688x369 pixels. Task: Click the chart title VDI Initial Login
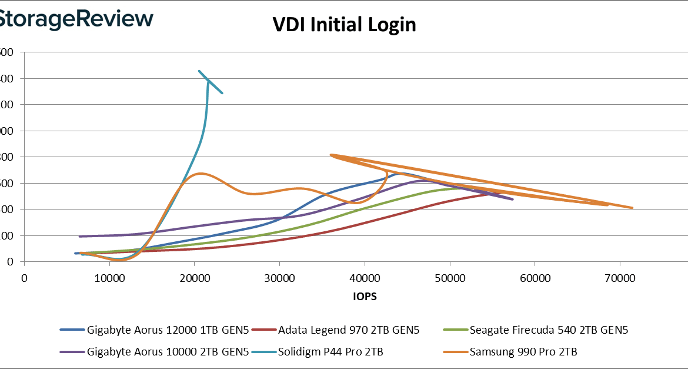tap(344, 25)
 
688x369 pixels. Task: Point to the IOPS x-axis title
tap(365, 297)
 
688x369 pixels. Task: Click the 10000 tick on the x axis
tap(109, 277)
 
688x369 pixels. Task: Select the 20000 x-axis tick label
tap(195, 277)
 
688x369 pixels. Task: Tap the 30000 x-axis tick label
tap(279, 277)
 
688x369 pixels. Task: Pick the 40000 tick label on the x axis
tap(365, 277)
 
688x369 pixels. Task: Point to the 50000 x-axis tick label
tap(450, 277)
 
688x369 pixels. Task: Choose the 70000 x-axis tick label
tap(620, 277)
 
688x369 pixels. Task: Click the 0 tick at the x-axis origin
tap(24, 277)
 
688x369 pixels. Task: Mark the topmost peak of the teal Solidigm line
tap(199, 71)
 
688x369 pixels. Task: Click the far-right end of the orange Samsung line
tap(633, 208)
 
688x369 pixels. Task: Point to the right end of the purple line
tap(513, 200)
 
